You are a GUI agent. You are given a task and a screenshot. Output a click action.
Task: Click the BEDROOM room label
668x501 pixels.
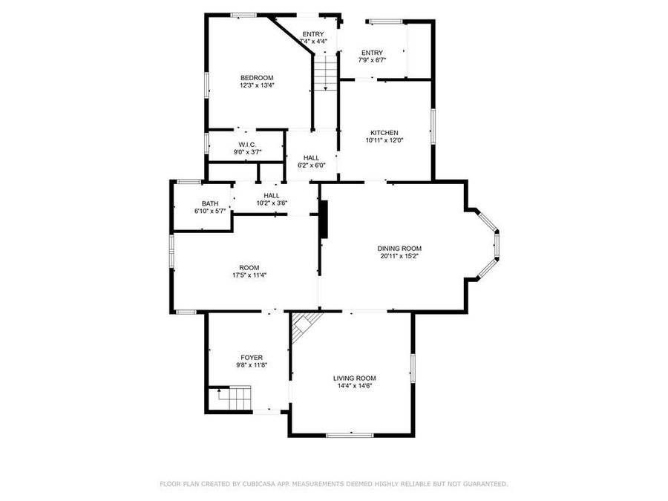(x=257, y=78)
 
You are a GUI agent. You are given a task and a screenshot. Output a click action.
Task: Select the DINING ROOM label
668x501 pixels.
(x=399, y=249)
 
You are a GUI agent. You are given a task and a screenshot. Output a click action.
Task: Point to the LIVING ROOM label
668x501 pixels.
(x=354, y=378)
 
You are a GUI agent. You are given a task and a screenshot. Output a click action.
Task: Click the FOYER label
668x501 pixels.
(x=251, y=357)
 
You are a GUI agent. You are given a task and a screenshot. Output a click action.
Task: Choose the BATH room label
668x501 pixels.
(x=210, y=204)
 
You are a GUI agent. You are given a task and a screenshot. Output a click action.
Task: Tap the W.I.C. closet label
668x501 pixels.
(x=247, y=145)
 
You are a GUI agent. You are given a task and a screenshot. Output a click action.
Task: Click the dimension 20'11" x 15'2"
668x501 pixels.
(x=399, y=257)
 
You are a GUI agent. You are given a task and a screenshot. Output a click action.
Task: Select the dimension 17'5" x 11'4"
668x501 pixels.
(x=249, y=275)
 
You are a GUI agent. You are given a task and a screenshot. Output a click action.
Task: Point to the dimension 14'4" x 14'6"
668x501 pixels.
(x=354, y=386)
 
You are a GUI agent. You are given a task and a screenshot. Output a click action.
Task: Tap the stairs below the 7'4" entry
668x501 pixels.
(x=324, y=74)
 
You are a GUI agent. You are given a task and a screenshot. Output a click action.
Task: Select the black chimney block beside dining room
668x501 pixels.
(x=324, y=219)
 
